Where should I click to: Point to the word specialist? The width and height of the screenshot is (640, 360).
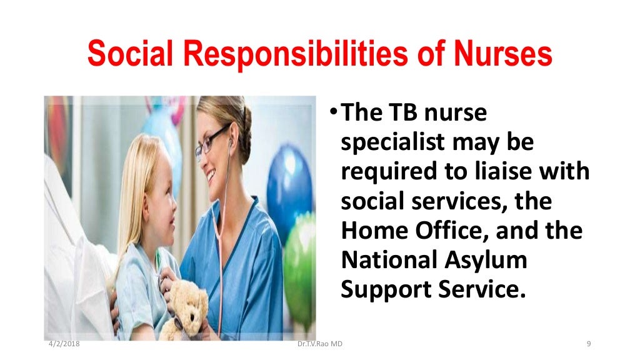tap(392, 143)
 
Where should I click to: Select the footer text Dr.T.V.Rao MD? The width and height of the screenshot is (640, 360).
tap(321, 344)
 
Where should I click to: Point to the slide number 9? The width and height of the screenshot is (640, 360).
tap(589, 344)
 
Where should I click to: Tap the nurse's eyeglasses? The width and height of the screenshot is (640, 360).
tap(211, 142)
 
